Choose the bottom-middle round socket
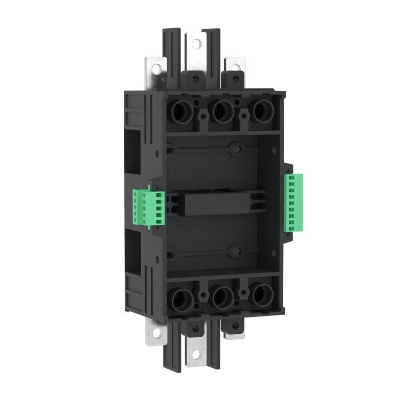221,295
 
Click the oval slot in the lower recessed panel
236,251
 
